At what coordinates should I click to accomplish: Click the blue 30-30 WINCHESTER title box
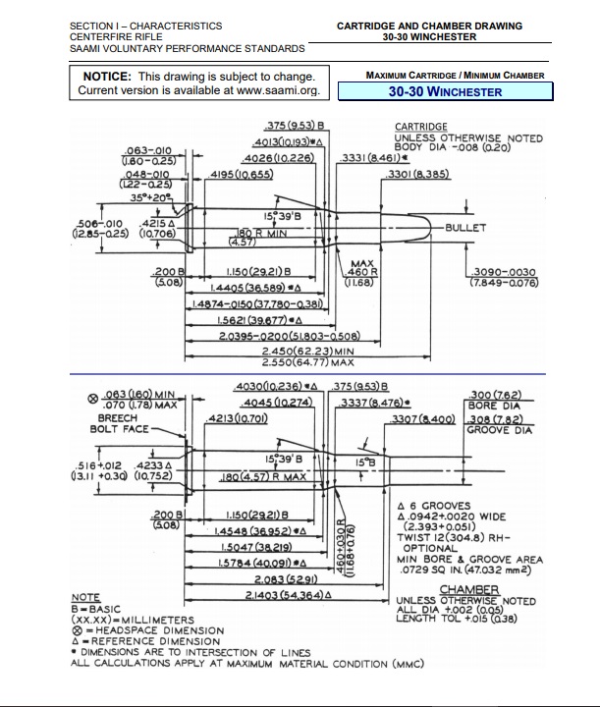445,92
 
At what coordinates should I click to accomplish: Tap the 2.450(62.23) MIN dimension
307,352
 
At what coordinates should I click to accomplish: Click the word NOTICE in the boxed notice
107,77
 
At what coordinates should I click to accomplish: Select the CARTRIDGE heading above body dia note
421,127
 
